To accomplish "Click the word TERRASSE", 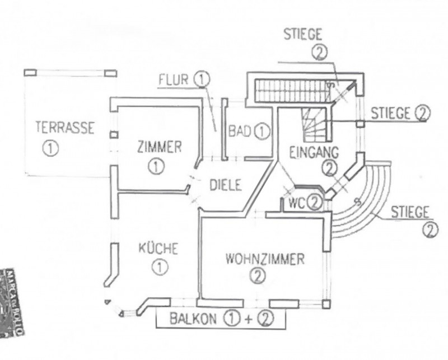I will point(64,127).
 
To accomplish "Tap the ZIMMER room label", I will point(160,147).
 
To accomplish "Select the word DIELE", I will point(226,184).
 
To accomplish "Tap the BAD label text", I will point(239,132).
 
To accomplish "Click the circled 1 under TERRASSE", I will point(50,148).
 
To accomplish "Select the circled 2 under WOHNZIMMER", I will point(257,276).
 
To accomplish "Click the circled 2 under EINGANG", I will point(330,166).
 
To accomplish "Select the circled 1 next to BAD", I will point(261,132).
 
